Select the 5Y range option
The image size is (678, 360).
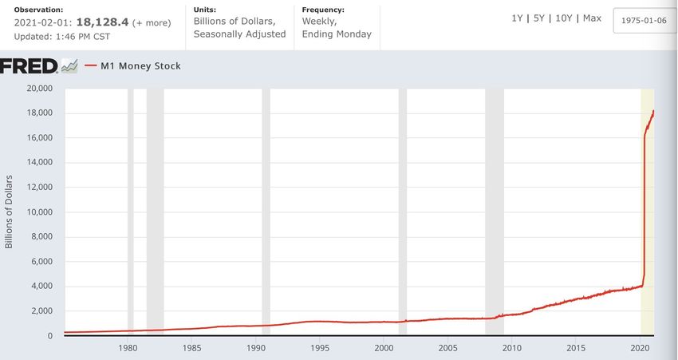tap(539, 18)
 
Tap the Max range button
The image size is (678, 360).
tap(592, 18)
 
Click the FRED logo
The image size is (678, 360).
tap(29, 65)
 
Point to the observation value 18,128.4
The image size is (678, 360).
tap(101, 22)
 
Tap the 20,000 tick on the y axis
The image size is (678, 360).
tap(39, 88)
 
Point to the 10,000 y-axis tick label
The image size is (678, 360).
tap(39, 212)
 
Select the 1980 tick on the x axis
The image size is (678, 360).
tap(128, 348)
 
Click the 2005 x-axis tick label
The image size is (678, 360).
tap(447, 348)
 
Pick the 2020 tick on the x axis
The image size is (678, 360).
tap(640, 348)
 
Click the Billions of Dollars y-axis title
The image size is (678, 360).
tap(10, 212)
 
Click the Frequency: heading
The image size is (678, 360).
tap(323, 10)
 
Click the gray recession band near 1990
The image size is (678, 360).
tap(266, 212)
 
